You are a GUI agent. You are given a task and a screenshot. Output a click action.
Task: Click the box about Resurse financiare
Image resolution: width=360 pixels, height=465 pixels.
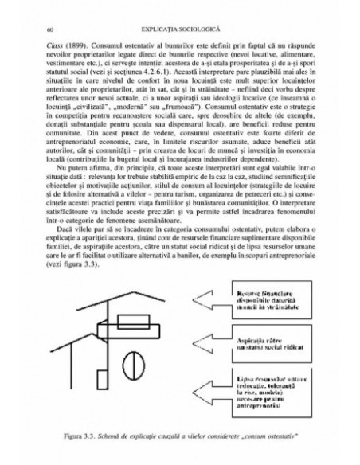266,306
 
